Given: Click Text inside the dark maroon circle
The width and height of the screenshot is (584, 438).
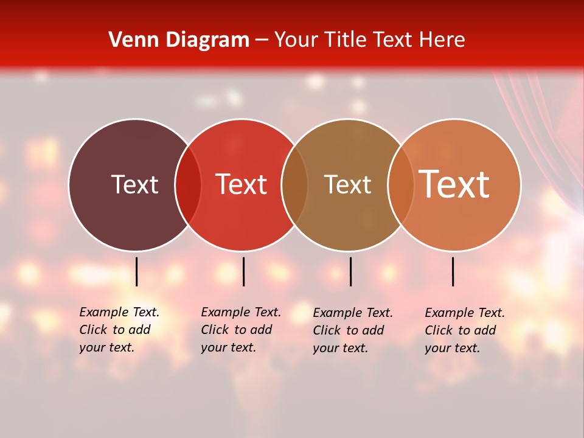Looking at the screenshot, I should click(x=134, y=184).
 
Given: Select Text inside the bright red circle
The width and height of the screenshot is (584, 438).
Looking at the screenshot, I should click(x=241, y=184).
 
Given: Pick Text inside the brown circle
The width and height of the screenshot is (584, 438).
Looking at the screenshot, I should click(x=347, y=184).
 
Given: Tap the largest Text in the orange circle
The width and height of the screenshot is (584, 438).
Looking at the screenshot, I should click(x=454, y=184).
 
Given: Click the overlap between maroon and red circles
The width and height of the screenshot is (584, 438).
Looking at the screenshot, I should click(x=188, y=184).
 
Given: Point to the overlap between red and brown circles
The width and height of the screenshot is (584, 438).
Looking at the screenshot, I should click(x=294, y=184).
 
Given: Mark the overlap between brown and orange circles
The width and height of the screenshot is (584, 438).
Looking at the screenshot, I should click(x=400, y=184).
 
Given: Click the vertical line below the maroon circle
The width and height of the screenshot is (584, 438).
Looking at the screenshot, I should click(x=137, y=271).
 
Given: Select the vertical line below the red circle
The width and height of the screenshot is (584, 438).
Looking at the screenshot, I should click(x=243, y=271).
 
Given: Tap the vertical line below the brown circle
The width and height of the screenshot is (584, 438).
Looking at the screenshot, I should click(x=350, y=271).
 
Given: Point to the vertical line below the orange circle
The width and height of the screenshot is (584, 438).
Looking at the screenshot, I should click(x=453, y=271).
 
